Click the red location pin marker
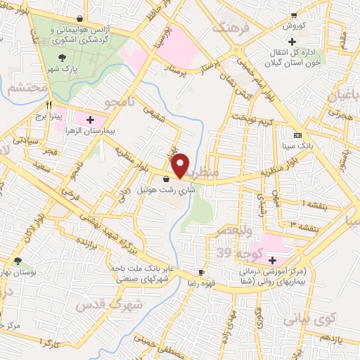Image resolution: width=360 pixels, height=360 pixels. pyautogui.click(x=181, y=165)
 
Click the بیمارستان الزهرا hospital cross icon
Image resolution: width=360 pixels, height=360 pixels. pyautogui.click(x=89, y=119)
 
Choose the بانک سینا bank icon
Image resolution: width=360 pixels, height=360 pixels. pyautogui.click(x=298, y=135)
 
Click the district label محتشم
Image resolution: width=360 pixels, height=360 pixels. pyautogui.click(x=28, y=89)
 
